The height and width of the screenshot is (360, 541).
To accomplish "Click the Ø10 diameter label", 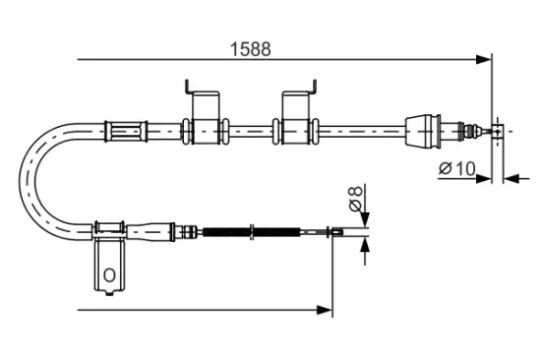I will (456, 168).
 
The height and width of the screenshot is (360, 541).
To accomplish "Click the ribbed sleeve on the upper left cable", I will (125, 129).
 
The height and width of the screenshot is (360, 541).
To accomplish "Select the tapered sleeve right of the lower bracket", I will (148, 231).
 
